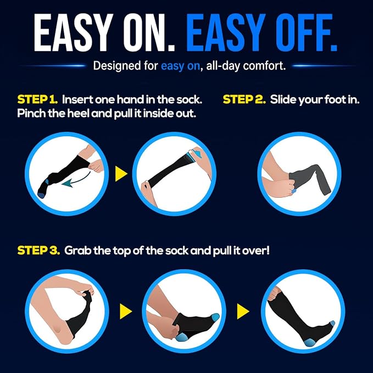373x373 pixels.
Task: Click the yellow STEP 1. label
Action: [37, 99]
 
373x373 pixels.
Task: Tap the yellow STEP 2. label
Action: [244, 99]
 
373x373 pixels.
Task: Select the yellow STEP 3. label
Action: [38, 250]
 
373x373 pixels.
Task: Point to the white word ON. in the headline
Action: [148, 32]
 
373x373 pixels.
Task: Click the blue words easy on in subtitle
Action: [180, 66]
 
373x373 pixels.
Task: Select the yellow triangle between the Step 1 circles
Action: [121, 174]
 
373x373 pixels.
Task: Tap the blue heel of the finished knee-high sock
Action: [309, 342]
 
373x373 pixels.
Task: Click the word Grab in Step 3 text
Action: [78, 250]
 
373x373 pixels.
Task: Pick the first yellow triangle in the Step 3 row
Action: [126, 311]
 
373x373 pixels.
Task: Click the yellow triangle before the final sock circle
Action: [243, 311]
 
